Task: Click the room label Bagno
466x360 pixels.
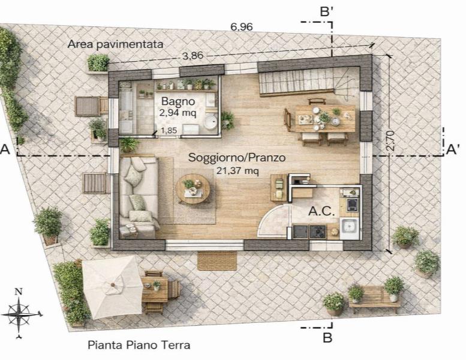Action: pyautogui.click(x=178, y=101)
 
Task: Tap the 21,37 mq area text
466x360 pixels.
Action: pyautogui.click(x=237, y=171)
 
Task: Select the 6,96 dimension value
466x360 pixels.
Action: pyautogui.click(x=242, y=27)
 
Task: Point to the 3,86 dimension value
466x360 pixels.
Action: pyautogui.click(x=193, y=56)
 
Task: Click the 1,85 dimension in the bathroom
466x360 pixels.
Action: pyautogui.click(x=169, y=130)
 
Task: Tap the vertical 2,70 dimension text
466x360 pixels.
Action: pyautogui.click(x=390, y=140)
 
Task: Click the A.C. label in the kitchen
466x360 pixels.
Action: pyautogui.click(x=321, y=211)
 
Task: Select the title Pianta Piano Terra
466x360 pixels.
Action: pyautogui.click(x=139, y=345)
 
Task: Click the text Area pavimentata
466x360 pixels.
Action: pyautogui.click(x=115, y=44)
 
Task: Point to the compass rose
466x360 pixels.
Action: pyautogui.click(x=20, y=314)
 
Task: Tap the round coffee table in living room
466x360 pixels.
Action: pyautogui.click(x=193, y=189)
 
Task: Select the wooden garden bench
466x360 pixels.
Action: pyautogui.click(x=374, y=299)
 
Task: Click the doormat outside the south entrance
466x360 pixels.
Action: pyautogui.click(x=217, y=261)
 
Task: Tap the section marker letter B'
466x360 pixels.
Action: pyautogui.click(x=326, y=12)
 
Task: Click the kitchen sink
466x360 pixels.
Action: pyautogui.click(x=350, y=228)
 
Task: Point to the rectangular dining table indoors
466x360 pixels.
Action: pyautogui.click(x=325, y=118)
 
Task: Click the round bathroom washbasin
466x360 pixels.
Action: pyautogui.click(x=211, y=122)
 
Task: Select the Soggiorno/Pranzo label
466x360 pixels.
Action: pyautogui.click(x=237, y=158)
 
